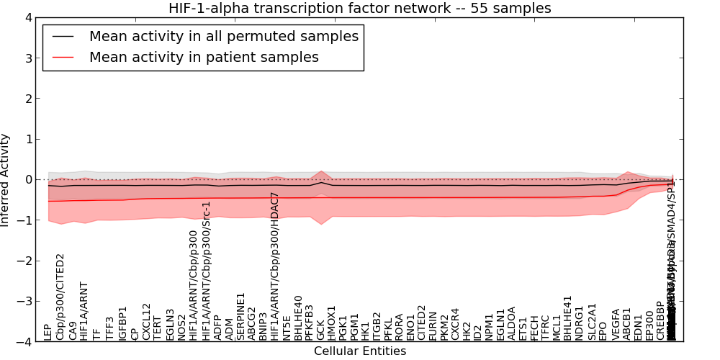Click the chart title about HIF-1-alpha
point(360,9)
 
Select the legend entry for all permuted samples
point(223,36)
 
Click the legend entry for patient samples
point(204,57)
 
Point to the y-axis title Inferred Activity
point(6,180)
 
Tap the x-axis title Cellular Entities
point(360,351)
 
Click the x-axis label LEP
point(48,332)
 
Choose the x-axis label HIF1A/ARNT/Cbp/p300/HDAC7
point(274,266)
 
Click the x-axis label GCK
point(320,330)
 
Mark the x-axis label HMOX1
point(332,323)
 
